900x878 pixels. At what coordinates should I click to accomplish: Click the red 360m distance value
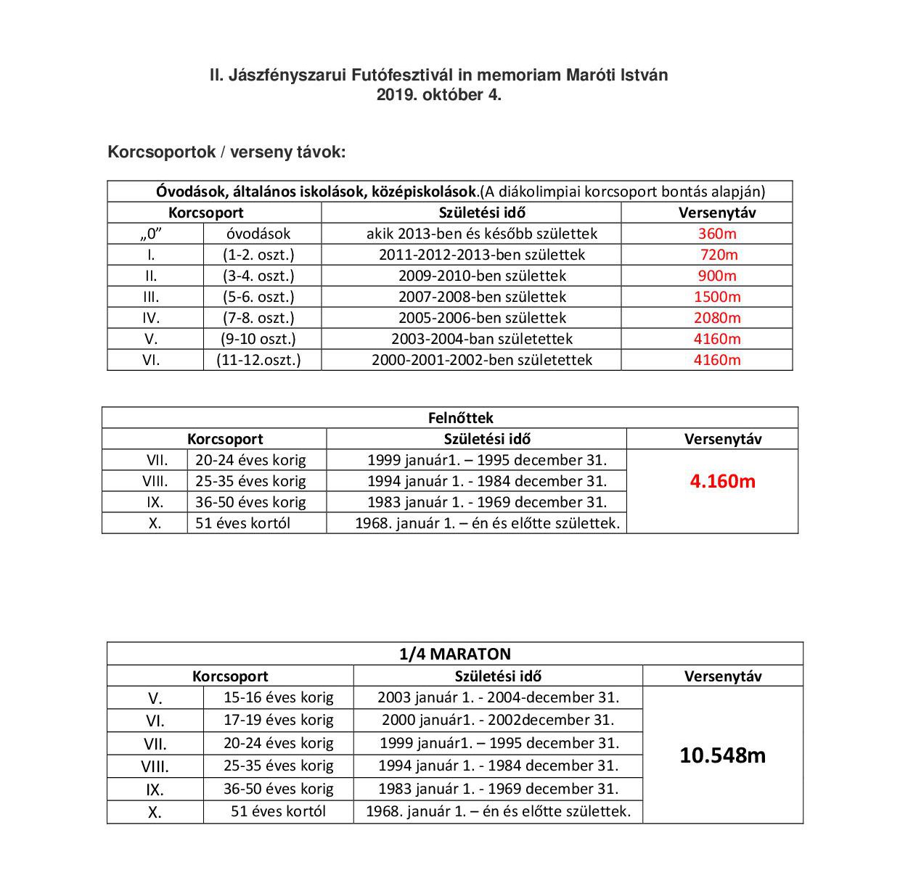coord(717,234)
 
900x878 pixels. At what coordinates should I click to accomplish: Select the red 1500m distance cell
coord(717,297)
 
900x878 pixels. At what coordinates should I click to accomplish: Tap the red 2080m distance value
coord(717,318)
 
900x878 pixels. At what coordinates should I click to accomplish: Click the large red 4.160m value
coord(722,481)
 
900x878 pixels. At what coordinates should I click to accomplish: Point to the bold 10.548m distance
coord(722,755)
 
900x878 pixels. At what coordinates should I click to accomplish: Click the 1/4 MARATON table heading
coord(455,654)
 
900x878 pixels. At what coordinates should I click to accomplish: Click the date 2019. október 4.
coord(438,94)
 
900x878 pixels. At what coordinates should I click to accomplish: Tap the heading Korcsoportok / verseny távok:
coord(226,152)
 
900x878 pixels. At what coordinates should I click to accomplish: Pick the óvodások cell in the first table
coord(258,234)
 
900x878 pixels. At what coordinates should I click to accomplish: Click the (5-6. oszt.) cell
coord(258,297)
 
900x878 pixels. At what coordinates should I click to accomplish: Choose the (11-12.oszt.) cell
coord(258,360)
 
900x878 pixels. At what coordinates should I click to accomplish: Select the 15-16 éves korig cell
coord(279,697)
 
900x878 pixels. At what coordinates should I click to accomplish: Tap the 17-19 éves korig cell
coord(279,720)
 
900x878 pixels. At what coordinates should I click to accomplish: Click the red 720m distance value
coord(719,255)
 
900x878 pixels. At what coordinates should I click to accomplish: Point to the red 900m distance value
coord(717,276)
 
